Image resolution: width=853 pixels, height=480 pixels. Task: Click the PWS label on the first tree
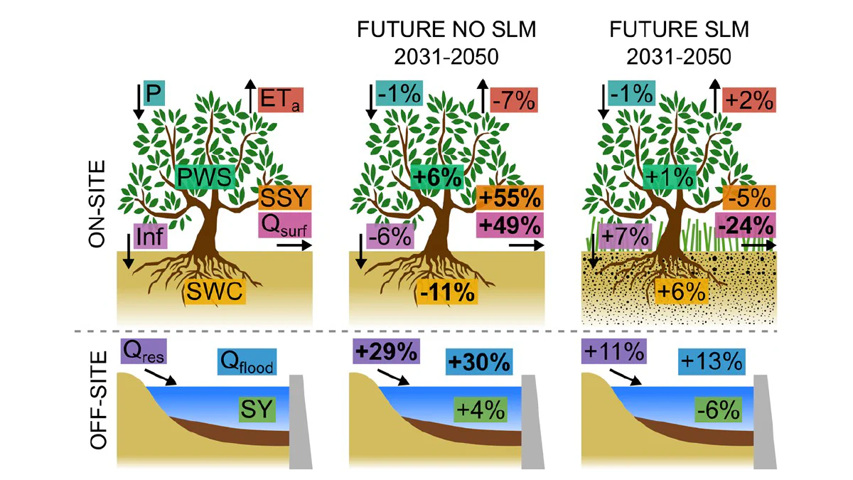[205, 177]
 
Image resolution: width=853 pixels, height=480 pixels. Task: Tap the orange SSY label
[285, 198]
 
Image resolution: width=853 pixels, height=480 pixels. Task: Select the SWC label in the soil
[215, 292]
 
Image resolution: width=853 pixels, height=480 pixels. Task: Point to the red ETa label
[281, 100]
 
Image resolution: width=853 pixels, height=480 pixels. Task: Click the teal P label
[154, 93]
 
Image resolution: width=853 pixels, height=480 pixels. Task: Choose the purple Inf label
[151, 236]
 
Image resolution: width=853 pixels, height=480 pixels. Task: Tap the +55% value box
[510, 198]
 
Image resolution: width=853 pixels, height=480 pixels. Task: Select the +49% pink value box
[510, 225]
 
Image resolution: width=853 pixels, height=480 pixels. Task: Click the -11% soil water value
[447, 292]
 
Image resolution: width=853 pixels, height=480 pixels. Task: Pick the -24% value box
[745, 225]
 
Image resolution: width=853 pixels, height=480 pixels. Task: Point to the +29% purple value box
[386, 351]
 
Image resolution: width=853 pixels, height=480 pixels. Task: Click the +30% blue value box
[479, 361]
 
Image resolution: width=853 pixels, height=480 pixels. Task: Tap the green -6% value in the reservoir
[718, 410]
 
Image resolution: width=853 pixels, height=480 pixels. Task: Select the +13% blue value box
[712, 361]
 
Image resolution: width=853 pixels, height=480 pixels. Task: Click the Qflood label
[247, 361]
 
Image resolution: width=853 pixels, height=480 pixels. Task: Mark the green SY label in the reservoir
[257, 410]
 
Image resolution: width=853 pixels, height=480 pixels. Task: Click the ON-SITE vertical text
[97, 204]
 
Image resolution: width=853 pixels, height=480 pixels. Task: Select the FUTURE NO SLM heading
[446, 30]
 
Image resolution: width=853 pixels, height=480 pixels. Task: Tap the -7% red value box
[514, 100]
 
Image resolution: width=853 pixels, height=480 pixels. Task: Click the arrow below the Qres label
[161, 377]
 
